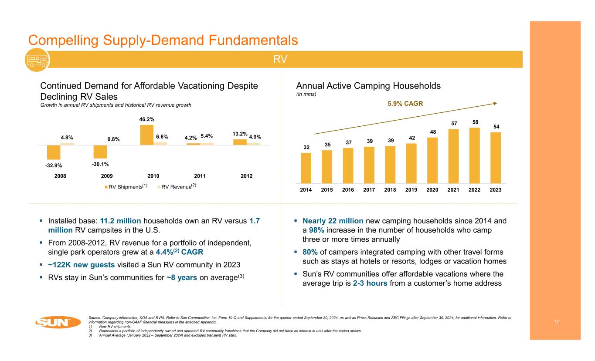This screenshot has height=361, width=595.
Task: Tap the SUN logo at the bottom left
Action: [x=58, y=323]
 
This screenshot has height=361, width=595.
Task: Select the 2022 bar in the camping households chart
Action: [x=474, y=155]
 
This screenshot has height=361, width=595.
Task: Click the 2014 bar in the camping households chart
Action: [x=306, y=168]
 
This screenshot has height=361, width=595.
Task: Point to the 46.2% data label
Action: [x=146, y=119]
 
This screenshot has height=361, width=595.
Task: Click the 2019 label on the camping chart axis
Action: [x=411, y=190]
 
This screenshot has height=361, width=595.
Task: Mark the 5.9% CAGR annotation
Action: [x=406, y=104]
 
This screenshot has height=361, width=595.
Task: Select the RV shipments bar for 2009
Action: [x=100, y=152]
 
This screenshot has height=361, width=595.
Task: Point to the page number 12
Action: [x=557, y=321]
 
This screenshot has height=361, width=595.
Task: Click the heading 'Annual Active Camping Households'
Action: [x=368, y=86]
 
